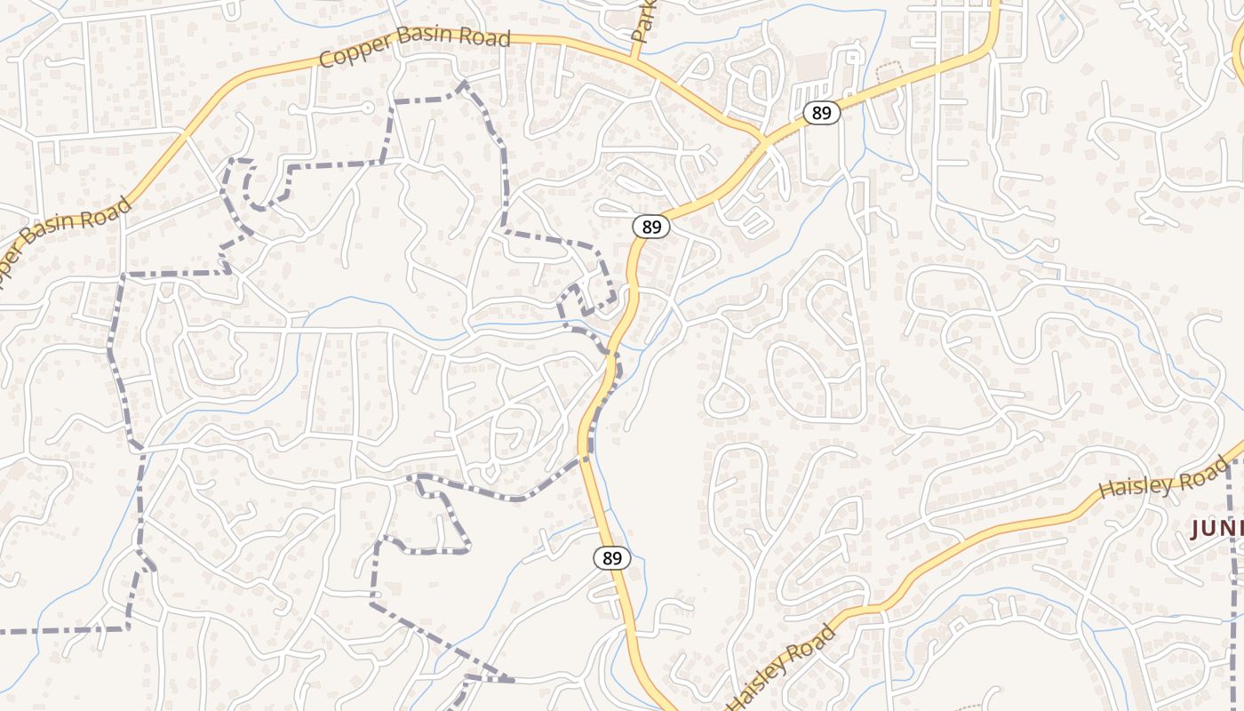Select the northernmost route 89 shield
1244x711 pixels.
point(822,113)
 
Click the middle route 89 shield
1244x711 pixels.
point(651,227)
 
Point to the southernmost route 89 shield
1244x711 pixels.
point(612,558)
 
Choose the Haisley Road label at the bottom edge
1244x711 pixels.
point(783,667)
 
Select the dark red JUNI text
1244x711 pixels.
point(1216,529)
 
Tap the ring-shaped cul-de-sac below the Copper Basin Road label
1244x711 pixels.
point(366,108)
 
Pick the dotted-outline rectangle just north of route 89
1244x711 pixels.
point(889,72)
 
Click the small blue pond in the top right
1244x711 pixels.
point(1060,16)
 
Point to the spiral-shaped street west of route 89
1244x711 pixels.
point(509,436)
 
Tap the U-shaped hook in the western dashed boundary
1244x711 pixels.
point(250,187)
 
